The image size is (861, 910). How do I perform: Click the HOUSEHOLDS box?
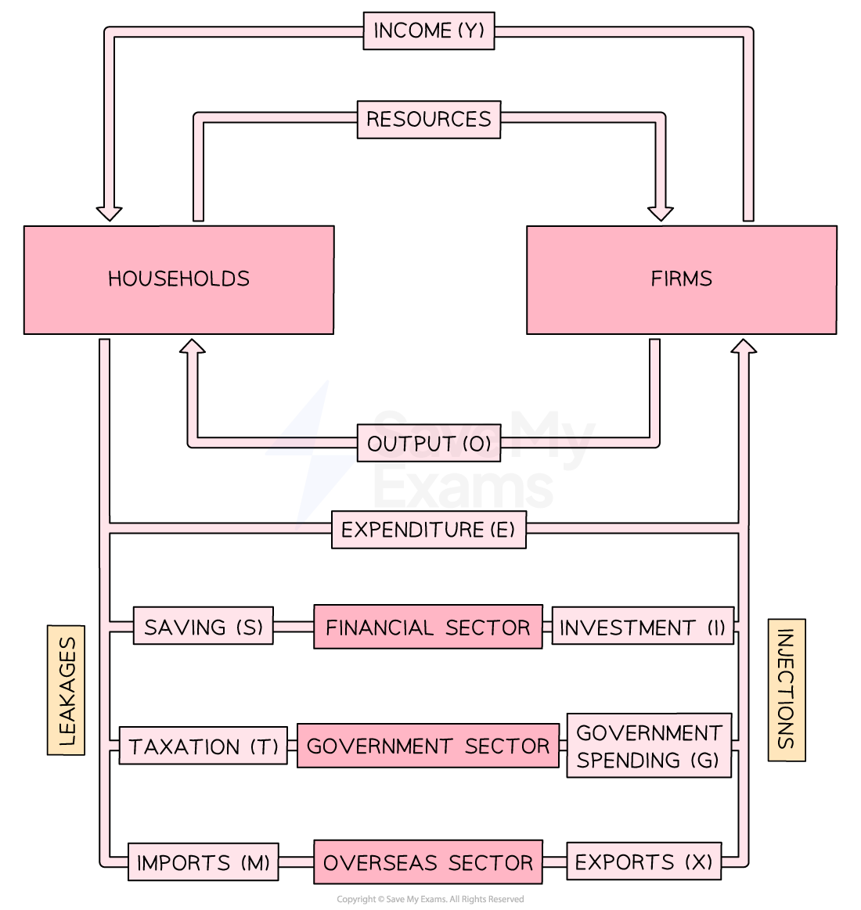(178, 279)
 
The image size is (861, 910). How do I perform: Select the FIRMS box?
(681, 279)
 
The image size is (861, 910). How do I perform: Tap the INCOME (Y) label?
(429, 31)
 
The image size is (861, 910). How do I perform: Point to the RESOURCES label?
(429, 120)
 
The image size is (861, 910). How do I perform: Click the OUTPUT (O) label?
(429, 444)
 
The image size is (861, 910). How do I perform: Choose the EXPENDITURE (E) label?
(428, 530)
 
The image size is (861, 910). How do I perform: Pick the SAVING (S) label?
(204, 627)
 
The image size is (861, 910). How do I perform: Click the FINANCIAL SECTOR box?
(427, 627)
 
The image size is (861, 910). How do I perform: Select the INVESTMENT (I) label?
(643, 627)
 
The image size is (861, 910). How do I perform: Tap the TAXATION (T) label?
(204, 746)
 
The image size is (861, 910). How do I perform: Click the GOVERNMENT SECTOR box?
(427, 746)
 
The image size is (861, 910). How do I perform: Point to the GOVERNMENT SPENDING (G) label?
(649, 746)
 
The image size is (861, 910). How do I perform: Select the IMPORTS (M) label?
(204, 862)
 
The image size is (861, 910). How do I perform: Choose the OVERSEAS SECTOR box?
(427, 862)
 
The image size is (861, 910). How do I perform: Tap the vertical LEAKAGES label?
(67, 690)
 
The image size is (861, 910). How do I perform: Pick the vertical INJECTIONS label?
(787, 690)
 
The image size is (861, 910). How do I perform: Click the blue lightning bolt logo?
(312, 452)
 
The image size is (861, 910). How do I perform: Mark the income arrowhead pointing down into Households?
(110, 213)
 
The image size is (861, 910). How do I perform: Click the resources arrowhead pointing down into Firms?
(661, 213)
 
